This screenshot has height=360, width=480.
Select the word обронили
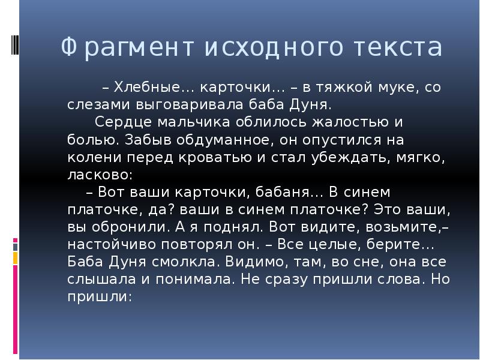tap(123, 228)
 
